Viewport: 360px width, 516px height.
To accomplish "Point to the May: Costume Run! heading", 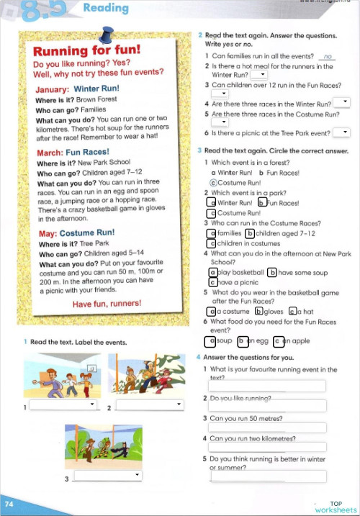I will coord(76,234).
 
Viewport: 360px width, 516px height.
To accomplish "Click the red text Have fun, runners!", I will coord(107,304).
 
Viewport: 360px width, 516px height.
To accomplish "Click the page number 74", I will coord(9,504).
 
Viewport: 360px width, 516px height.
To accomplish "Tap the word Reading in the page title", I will coord(106,9).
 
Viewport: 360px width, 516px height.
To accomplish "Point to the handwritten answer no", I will coord(328,56).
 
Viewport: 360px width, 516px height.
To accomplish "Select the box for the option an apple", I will coord(278,340).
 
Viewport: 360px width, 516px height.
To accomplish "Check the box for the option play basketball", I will coord(212,273).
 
